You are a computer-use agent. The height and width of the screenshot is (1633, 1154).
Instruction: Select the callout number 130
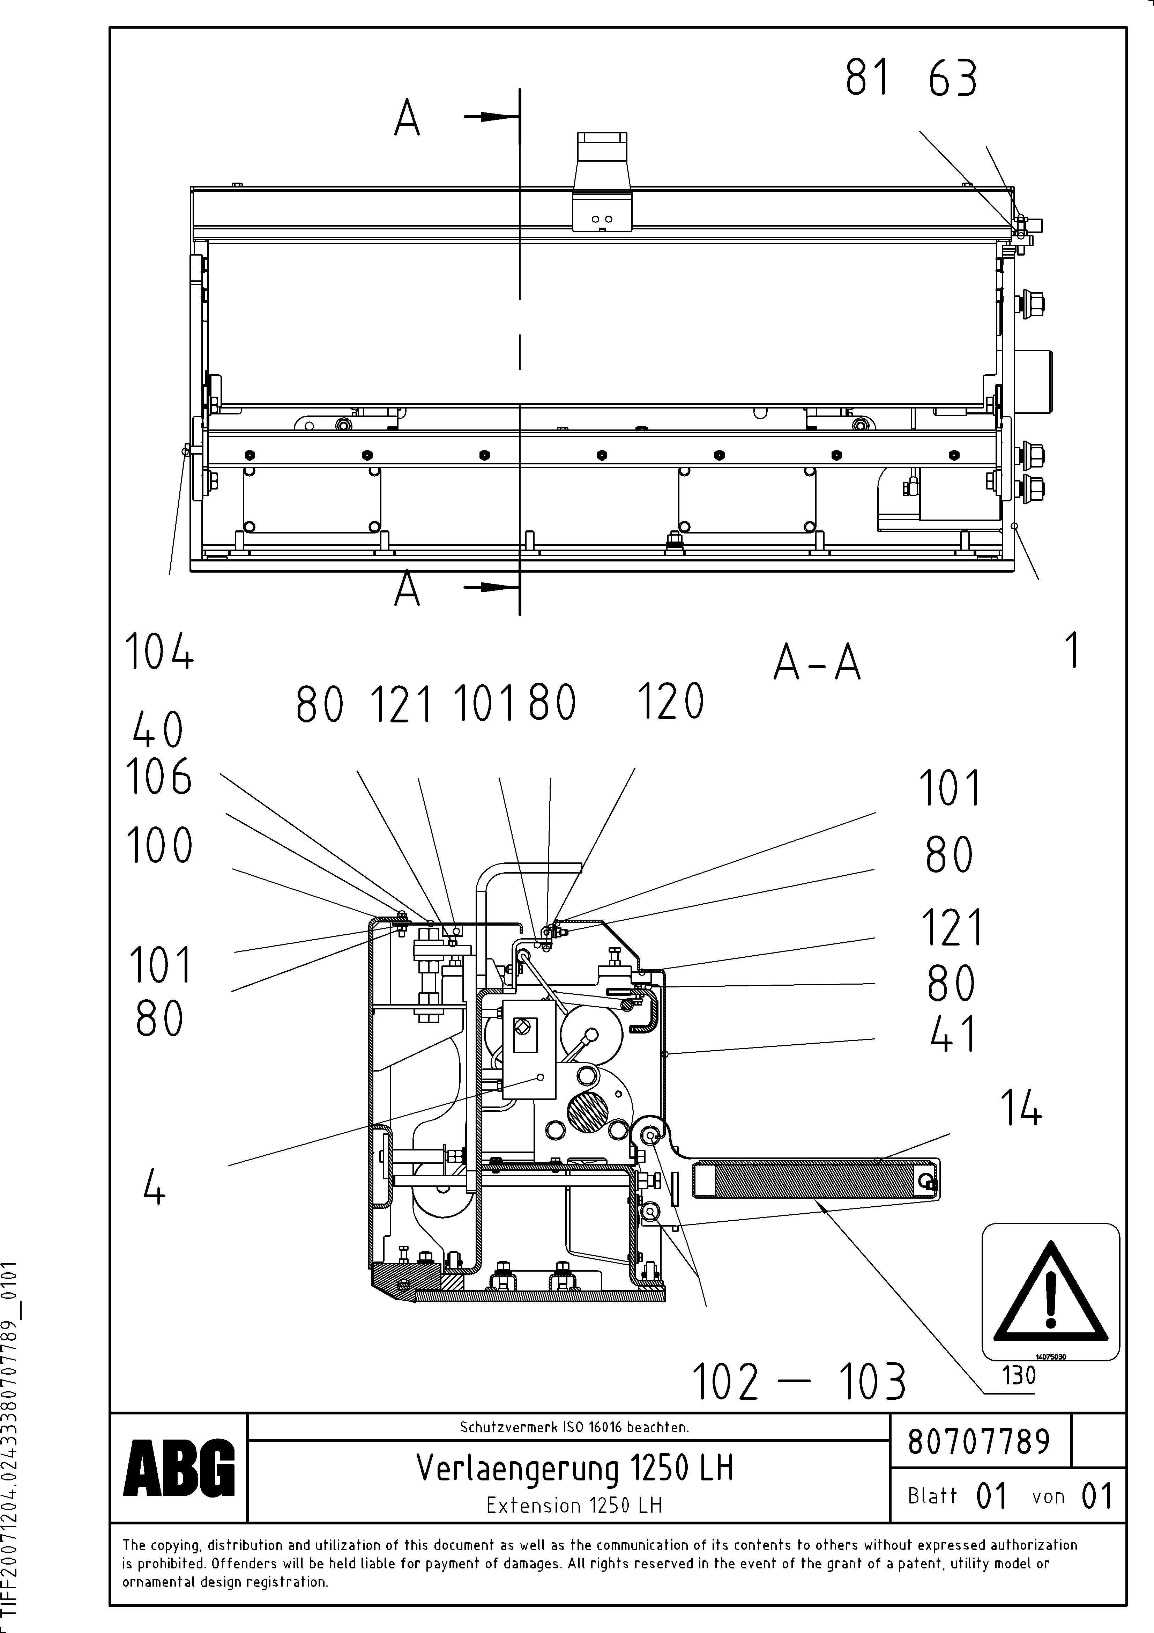1019,1376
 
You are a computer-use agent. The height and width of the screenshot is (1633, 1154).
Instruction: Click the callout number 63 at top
953,78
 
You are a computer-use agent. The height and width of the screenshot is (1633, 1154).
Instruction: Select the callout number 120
670,702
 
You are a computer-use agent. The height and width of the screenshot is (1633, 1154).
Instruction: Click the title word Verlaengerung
517,1468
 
